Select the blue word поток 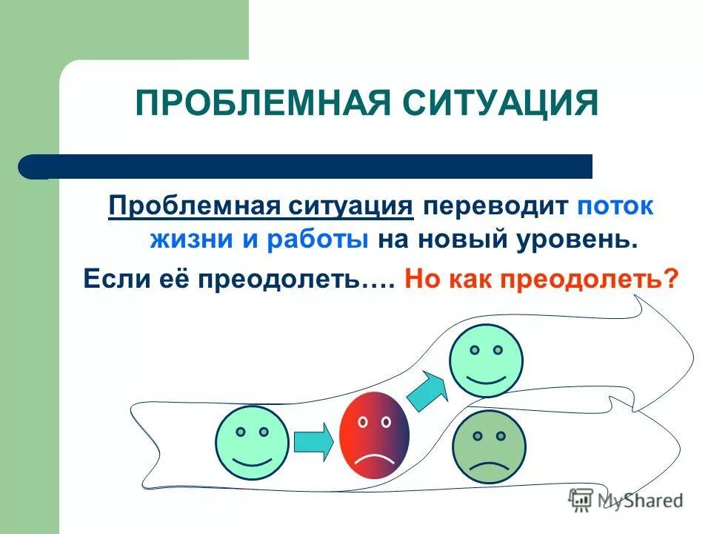[616, 206]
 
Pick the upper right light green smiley [486, 360]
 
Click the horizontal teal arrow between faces [313, 442]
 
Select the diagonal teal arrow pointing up [427, 391]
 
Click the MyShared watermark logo [626, 499]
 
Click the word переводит [495, 206]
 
